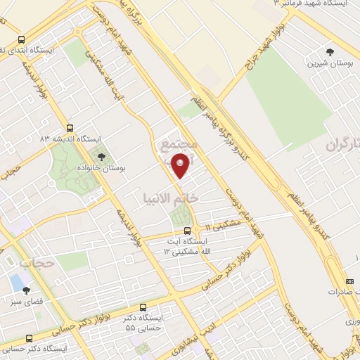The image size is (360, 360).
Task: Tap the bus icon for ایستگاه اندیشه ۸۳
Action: (x=70, y=128)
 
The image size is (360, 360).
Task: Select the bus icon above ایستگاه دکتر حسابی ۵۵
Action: (x=143, y=308)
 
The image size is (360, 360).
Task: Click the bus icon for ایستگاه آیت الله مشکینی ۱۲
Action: (x=187, y=231)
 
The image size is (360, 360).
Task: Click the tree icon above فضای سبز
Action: (x=26, y=289)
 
